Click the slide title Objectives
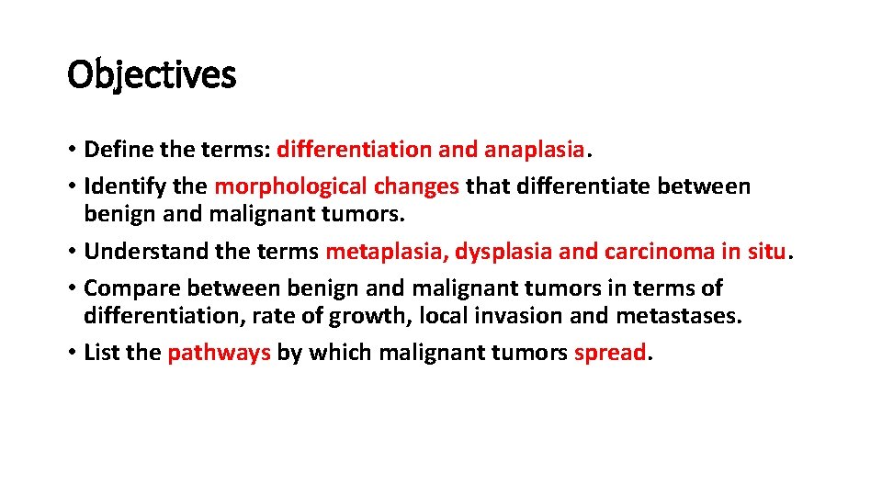[x=152, y=75]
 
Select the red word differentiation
[x=354, y=149]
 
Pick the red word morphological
[x=290, y=186]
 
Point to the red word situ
[x=765, y=251]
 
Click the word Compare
[x=125, y=288]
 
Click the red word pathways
[x=219, y=353]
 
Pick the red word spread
[x=610, y=353]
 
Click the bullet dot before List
[x=72, y=354]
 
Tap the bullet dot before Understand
[x=72, y=252]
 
